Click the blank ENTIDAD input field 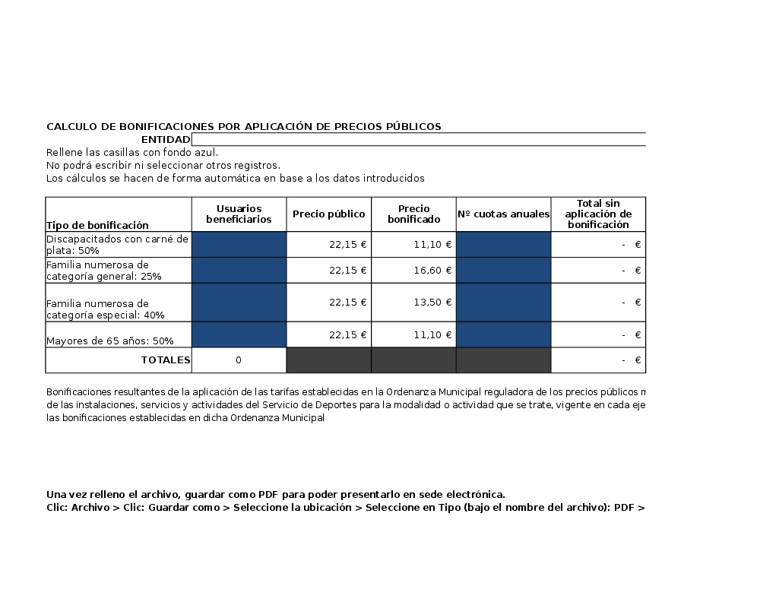(418, 139)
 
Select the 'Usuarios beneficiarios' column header (239, 214)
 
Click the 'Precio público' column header (328, 214)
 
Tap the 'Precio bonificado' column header (413, 214)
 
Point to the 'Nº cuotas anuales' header (503, 214)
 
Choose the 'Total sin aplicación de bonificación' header (598, 214)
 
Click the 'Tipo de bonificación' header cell (97, 225)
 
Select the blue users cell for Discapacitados (239, 245)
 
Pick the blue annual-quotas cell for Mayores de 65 (503, 334)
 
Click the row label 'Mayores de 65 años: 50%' (109, 341)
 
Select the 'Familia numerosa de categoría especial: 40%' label (105, 309)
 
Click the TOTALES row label (165, 360)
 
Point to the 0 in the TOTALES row (239, 360)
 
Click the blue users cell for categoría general (239, 271)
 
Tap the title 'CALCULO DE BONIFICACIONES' (243, 127)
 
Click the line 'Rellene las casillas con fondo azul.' (132, 153)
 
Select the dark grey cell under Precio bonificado (413, 360)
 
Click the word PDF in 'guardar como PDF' (268, 494)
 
